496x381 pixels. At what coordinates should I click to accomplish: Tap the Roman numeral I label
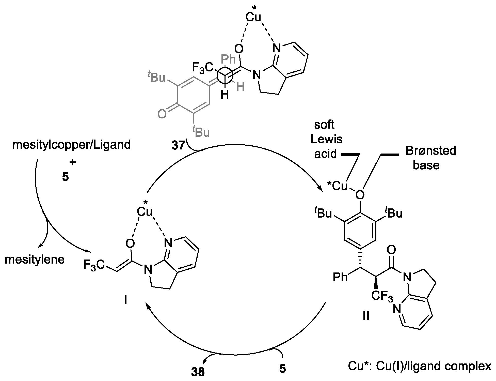click(x=126, y=300)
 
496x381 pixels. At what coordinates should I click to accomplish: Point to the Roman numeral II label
click(x=366, y=316)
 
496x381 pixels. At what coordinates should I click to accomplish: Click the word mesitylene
click(x=35, y=260)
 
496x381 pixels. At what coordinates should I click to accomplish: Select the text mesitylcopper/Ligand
click(x=71, y=145)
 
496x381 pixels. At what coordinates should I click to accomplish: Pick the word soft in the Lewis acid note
click(x=324, y=125)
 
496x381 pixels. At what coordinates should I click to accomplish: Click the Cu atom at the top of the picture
click(x=253, y=17)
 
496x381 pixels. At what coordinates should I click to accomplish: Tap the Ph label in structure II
click(x=340, y=277)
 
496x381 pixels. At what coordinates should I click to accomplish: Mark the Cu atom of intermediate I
click(x=145, y=211)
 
